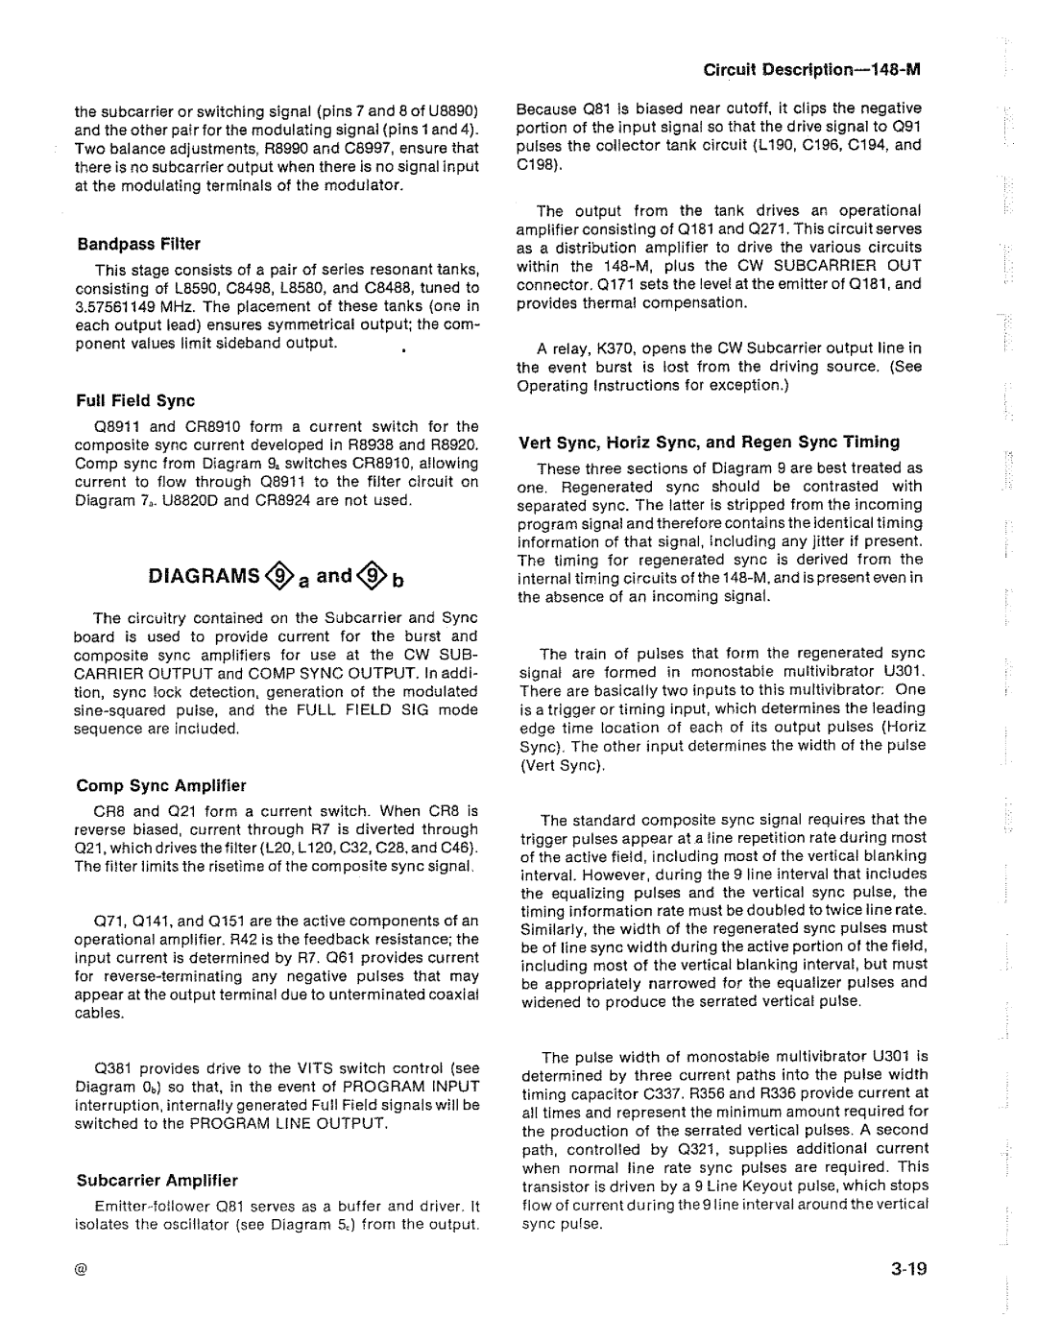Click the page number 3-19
(906, 1271)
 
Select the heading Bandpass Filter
(138, 245)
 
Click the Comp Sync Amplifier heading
(162, 785)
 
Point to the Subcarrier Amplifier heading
(157, 1180)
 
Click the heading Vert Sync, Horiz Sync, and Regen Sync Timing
(709, 442)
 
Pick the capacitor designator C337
(699, 1093)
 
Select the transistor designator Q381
(113, 1068)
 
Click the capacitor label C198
(536, 163)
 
